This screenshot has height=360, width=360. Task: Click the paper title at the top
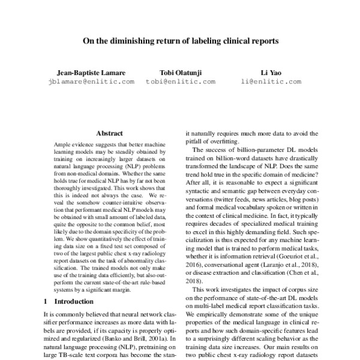point(180,42)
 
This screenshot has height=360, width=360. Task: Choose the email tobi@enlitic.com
point(175,83)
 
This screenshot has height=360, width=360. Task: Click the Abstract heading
point(110,134)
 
